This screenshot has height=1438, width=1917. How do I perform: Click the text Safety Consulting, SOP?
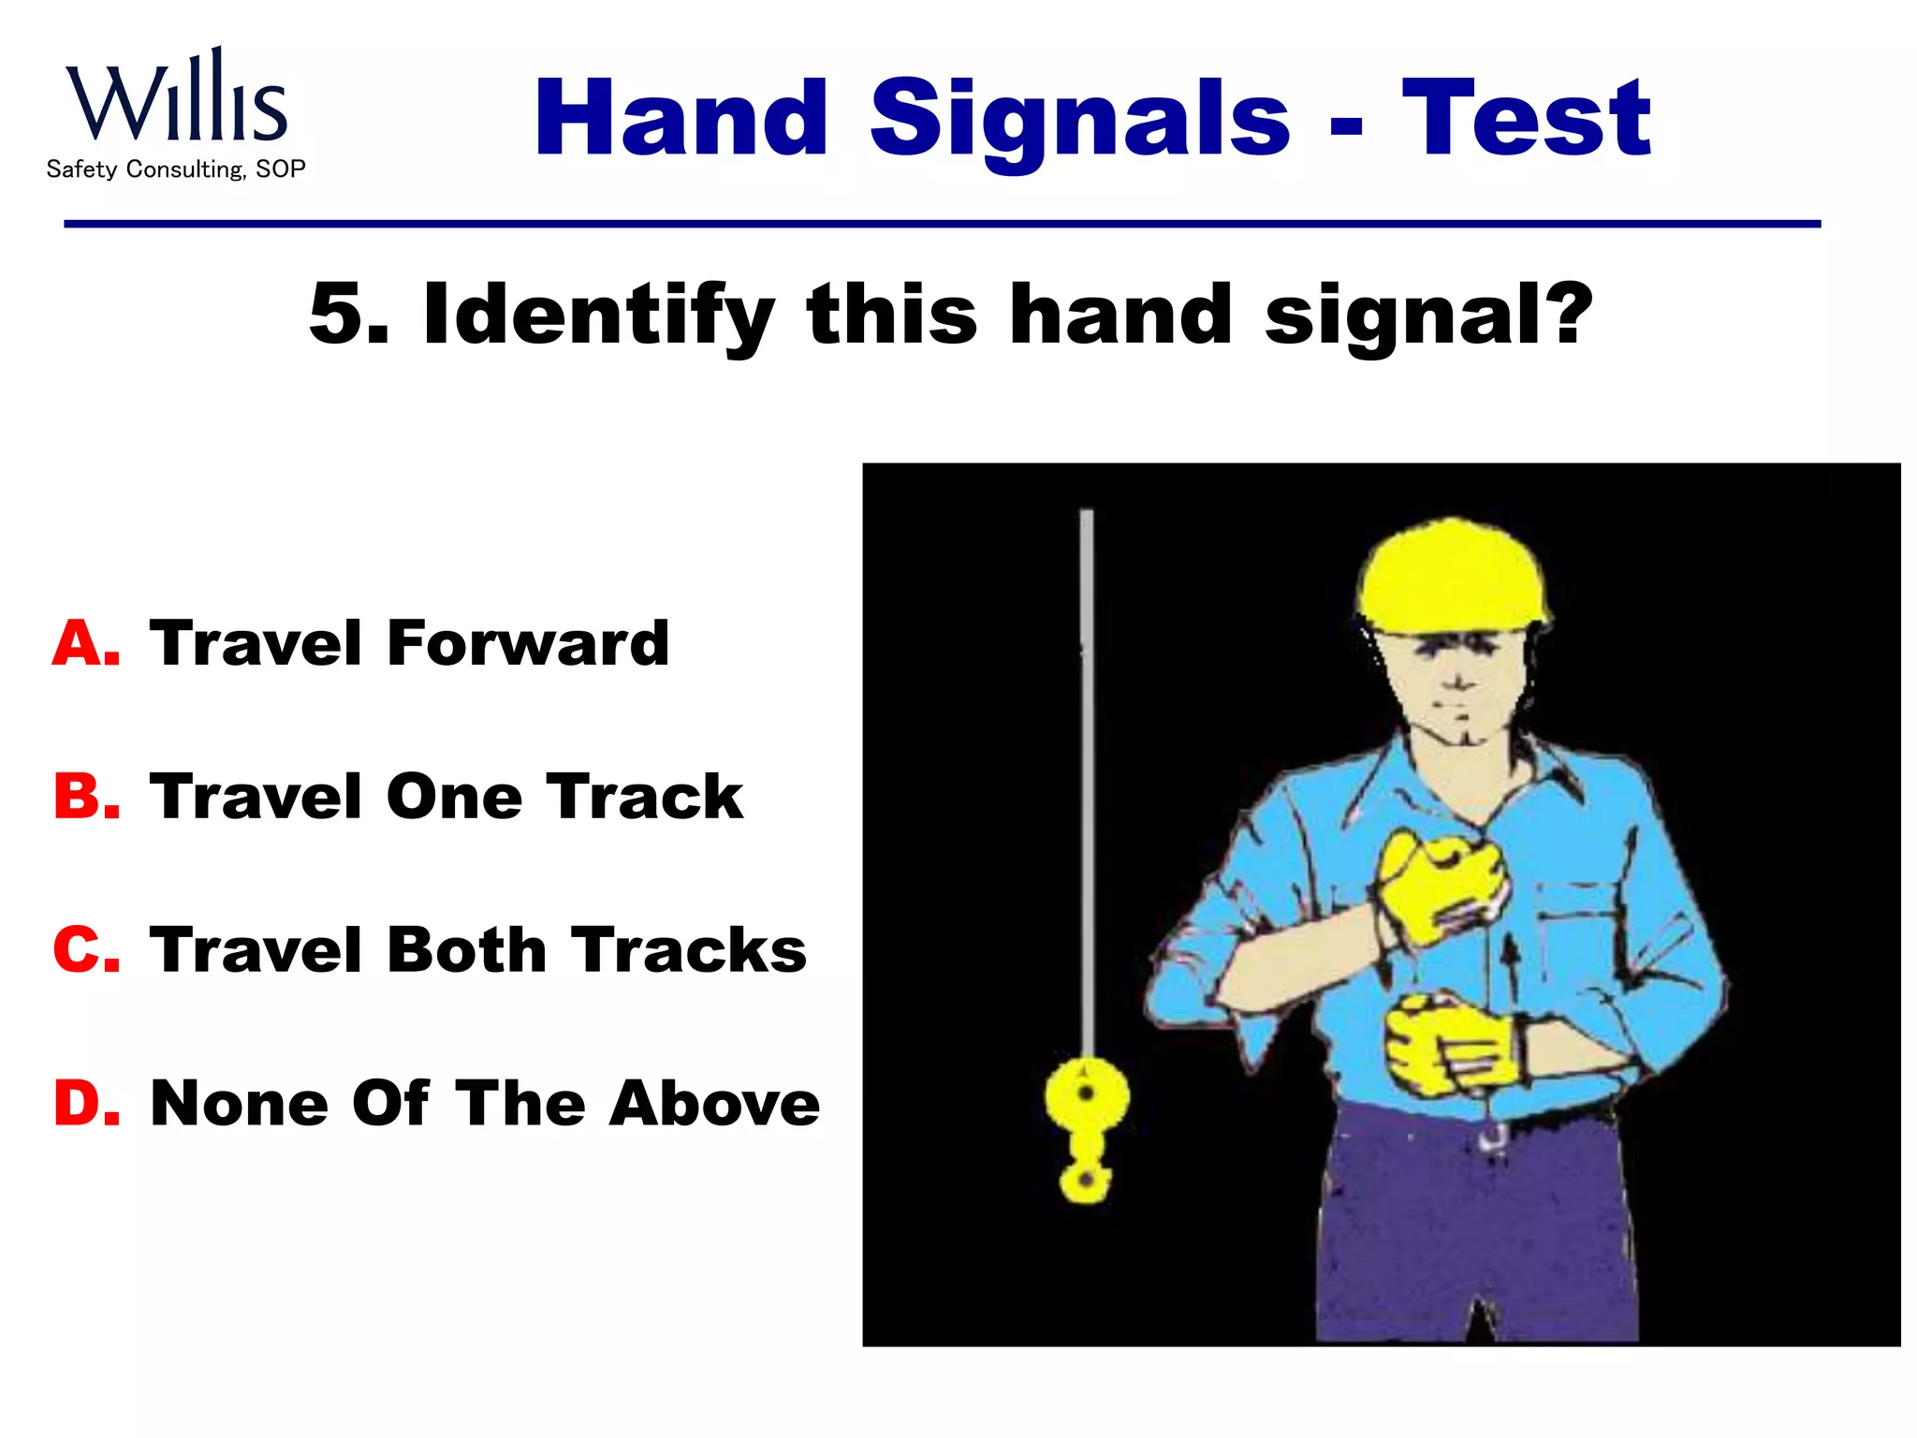(x=176, y=169)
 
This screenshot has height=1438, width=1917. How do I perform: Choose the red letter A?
(x=85, y=644)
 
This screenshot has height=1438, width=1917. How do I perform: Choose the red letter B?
(x=85, y=797)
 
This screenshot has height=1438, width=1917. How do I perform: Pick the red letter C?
(x=85, y=949)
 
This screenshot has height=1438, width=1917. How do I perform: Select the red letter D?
(x=85, y=1103)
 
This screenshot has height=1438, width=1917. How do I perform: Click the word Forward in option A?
(x=528, y=644)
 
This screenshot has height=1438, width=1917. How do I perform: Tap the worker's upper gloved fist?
(x=1441, y=885)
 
